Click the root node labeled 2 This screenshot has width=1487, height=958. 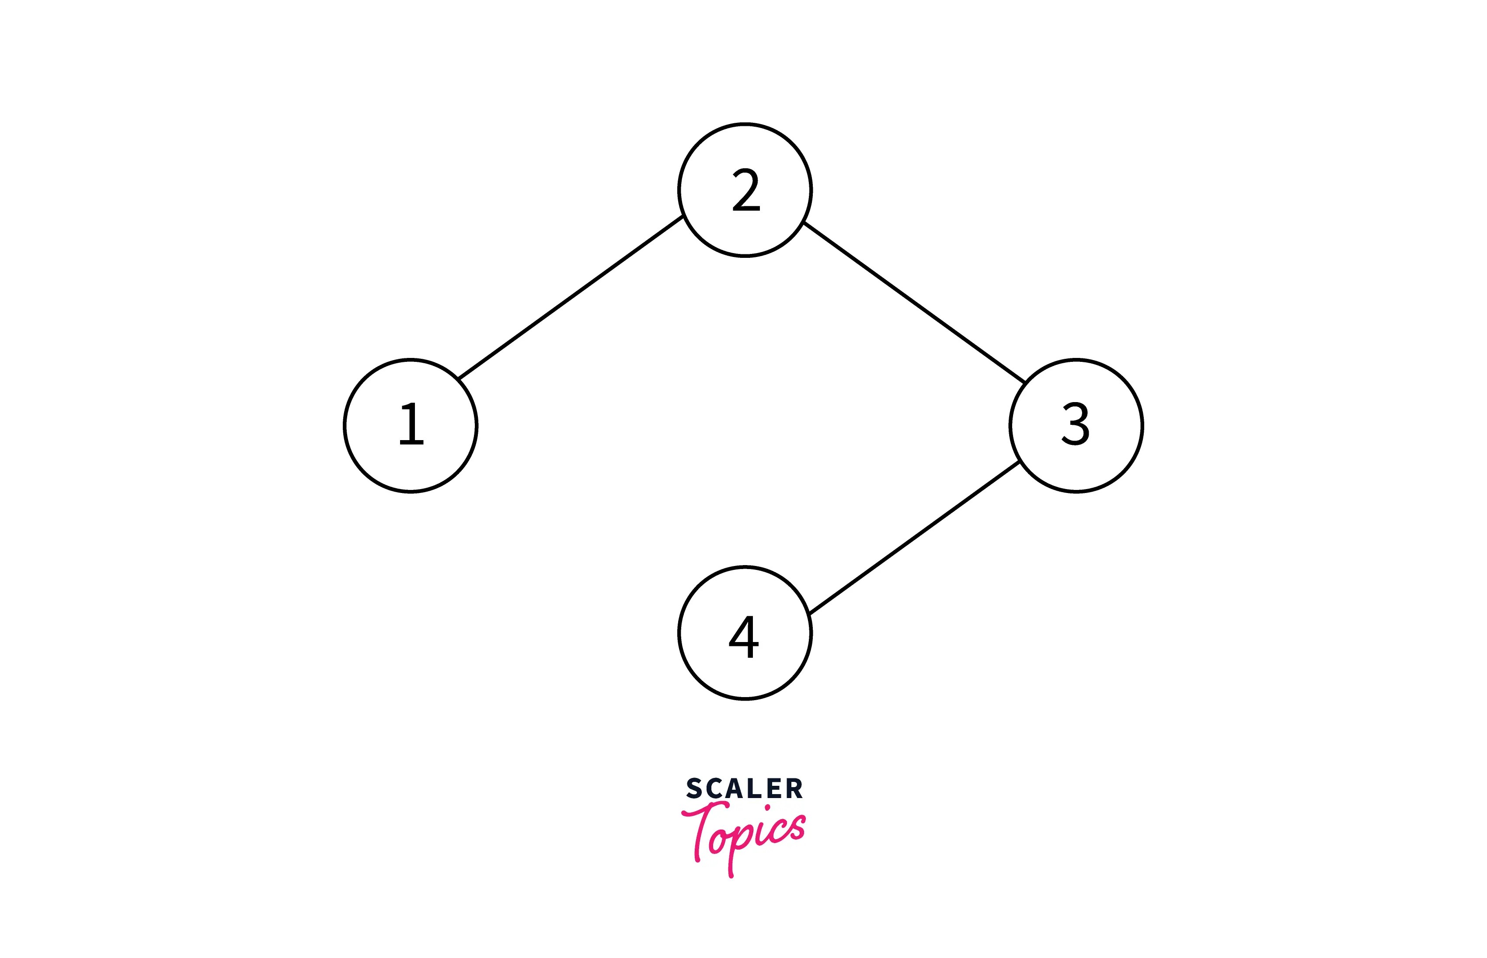tap(745, 190)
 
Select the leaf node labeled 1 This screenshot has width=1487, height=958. tap(411, 426)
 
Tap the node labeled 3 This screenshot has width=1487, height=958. tap(1076, 426)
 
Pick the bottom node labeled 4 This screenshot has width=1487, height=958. tap(745, 633)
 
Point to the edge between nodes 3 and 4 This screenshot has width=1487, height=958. tap(914, 538)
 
